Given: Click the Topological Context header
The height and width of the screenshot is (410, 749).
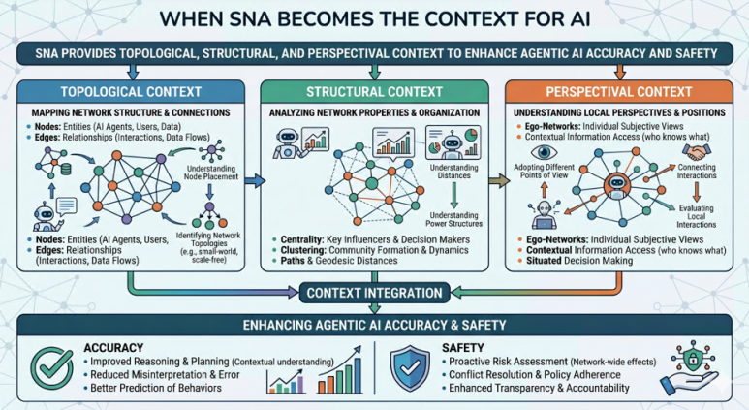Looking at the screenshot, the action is coord(131,92).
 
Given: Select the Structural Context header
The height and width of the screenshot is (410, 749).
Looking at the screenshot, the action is coord(374,92).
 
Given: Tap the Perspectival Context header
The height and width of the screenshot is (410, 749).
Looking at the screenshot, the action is coord(618,92).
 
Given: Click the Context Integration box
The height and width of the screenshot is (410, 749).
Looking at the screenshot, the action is coord(374,293).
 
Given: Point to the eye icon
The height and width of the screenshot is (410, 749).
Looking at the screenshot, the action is coord(544,152).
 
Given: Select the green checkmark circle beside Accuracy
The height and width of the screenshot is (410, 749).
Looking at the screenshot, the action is coord(52,369).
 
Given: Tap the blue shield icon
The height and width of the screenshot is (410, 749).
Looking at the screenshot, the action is coord(410,369).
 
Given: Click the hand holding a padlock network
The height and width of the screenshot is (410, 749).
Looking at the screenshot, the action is coord(690,369).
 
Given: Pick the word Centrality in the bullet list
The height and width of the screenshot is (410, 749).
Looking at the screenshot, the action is coord(302,239).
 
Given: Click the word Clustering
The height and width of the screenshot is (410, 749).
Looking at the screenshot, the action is coord(303,250).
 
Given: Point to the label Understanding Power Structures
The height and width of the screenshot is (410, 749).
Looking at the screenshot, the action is coord(453,219).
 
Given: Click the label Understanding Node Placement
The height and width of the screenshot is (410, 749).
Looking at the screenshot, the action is coord(211,173).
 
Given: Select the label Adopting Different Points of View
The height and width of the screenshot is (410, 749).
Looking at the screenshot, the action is coord(545,171).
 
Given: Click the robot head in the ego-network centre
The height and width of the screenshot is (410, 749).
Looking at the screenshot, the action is coord(617,184).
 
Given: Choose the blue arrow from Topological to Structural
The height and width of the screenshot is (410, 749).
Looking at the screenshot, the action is coord(255,180).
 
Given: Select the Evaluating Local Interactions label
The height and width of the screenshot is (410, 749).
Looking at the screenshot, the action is coord(696,216).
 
